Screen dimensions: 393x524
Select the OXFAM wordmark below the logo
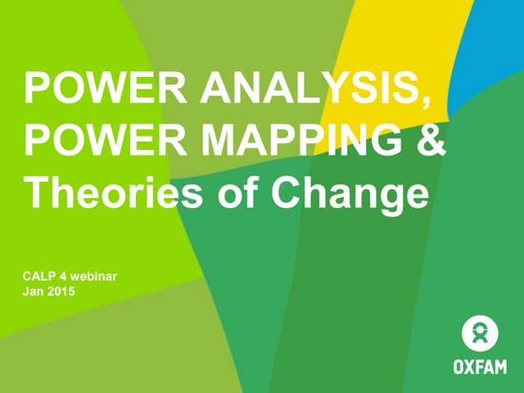[x=480, y=366]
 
